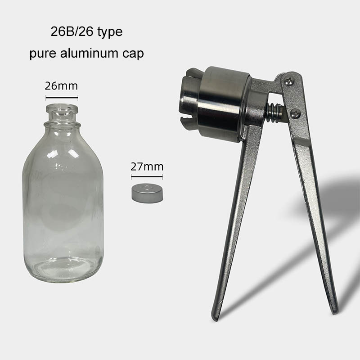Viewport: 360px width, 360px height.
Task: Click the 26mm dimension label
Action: (x=61, y=86)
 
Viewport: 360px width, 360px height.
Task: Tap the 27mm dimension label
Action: (x=147, y=166)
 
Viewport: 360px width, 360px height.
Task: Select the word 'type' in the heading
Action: (x=110, y=32)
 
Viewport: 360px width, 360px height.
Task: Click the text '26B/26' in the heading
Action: (x=72, y=31)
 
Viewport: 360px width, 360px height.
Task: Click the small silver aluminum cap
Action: (x=147, y=193)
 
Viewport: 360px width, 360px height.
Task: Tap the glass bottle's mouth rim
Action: (x=62, y=108)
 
